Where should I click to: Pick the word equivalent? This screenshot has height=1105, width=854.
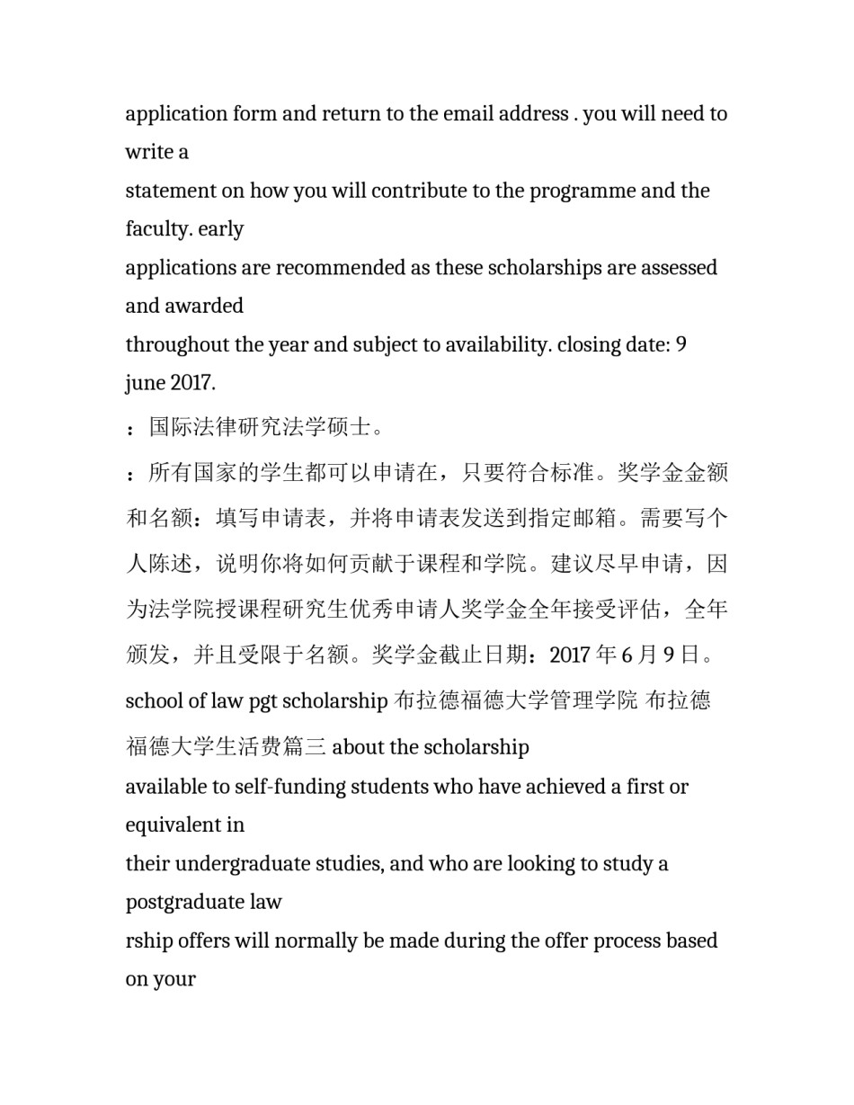[x=176, y=825]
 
